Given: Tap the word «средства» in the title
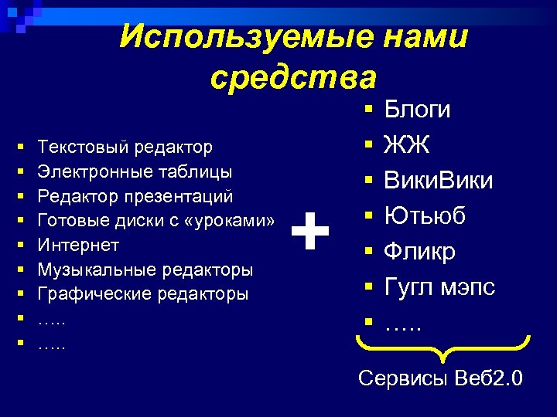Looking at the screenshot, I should pyautogui.click(x=293, y=76).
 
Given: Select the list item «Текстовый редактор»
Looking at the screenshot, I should pyautogui.click(x=125, y=146).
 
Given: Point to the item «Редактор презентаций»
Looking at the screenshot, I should pyautogui.click(x=135, y=195).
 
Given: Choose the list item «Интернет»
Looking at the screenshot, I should pyautogui.click(x=79, y=245).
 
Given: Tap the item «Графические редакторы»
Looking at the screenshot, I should pyautogui.click(x=144, y=294).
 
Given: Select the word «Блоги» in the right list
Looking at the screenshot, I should pyautogui.click(x=417, y=110).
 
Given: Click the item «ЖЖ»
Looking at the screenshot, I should pyautogui.click(x=402, y=145).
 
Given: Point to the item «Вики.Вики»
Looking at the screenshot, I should pyautogui.click(x=439, y=181).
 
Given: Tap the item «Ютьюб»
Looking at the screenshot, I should pyautogui.click(x=425, y=216).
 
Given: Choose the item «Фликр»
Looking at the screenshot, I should pyautogui.click(x=420, y=252).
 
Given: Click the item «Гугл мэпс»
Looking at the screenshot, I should pyautogui.click(x=439, y=287).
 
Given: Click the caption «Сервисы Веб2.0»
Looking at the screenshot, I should pyautogui.click(x=440, y=379).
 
